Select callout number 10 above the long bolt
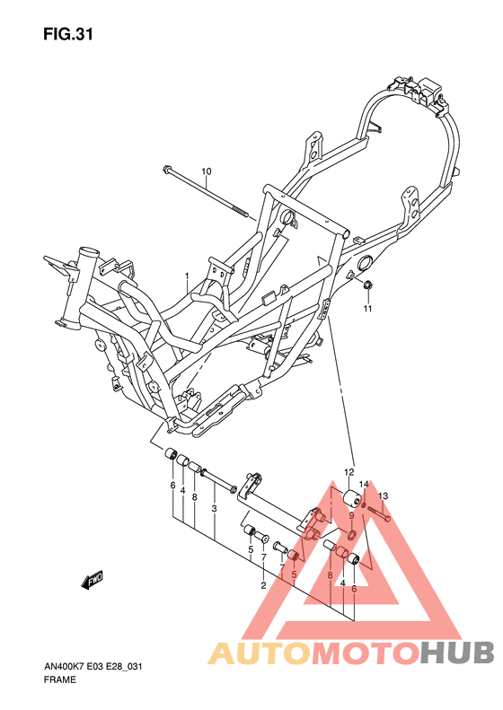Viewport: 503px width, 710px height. click(x=206, y=171)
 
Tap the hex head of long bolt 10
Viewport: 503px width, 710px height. click(x=168, y=170)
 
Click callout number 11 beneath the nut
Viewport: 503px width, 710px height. click(x=366, y=310)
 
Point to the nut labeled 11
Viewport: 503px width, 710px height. click(x=367, y=286)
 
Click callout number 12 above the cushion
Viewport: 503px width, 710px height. click(x=349, y=472)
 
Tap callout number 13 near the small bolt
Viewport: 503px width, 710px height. click(x=383, y=495)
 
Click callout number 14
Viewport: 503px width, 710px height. click(x=364, y=485)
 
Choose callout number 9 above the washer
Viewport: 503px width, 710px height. click(x=352, y=515)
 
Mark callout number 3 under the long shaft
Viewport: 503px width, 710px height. click(x=214, y=509)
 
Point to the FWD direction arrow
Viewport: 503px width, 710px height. click(x=93, y=582)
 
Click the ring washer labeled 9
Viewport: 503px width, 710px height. click(x=353, y=536)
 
